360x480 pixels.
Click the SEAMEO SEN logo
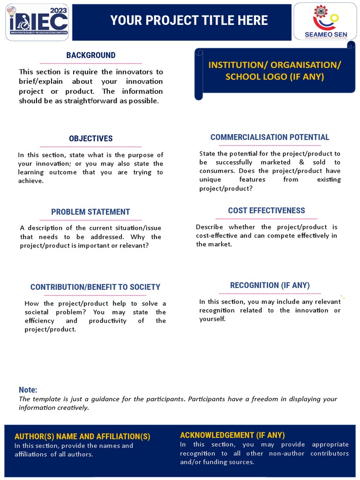pos(324,22)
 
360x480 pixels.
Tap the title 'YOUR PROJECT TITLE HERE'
pos(189,20)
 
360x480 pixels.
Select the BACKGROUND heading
pos(90,55)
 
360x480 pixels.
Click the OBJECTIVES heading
pos(90,138)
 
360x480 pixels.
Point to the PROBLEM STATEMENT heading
pos(90,212)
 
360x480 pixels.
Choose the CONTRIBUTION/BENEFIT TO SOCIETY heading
pos(95,287)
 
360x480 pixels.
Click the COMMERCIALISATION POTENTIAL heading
pos(270,137)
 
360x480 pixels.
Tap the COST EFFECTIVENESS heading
pos(266,210)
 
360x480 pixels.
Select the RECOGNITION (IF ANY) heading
pos(270,285)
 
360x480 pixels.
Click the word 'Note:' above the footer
pos(28,390)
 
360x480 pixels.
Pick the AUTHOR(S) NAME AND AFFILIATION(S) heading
pos(82,436)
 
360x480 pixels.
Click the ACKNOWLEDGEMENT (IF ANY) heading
pos(232,435)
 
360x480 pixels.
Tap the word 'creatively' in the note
pos(74,408)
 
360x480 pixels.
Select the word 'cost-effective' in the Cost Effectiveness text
pos(217,236)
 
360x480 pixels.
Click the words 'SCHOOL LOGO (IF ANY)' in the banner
pos(275,76)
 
